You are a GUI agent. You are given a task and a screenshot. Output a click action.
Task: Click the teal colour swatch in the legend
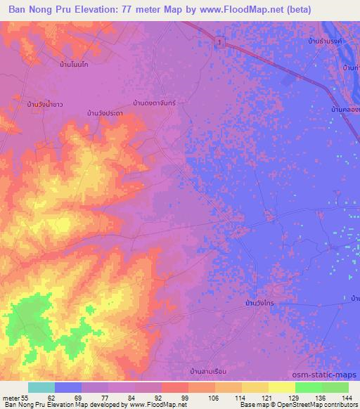(41, 387)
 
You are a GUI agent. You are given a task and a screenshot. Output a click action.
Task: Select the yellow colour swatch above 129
(282, 387)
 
